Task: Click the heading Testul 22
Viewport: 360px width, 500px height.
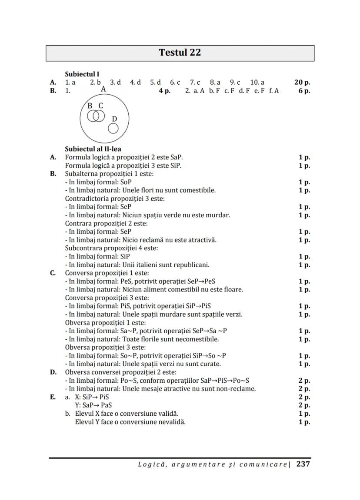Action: tap(180, 53)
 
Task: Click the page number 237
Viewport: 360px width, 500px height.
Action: tap(303, 464)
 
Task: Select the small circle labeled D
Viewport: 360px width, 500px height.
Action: tap(113, 128)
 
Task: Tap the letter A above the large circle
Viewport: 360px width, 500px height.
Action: tap(103, 89)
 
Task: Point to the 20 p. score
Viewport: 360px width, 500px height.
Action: tap(302, 82)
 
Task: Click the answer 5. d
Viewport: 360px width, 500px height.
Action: tap(156, 82)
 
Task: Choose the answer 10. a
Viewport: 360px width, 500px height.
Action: tap(257, 82)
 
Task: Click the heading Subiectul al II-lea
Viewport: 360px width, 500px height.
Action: tap(93, 149)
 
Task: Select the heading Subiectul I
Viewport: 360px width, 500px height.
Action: tap(82, 74)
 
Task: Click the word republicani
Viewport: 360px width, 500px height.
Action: tap(192, 265)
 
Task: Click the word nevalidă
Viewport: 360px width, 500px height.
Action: tap(171, 421)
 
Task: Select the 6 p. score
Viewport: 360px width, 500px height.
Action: tap(304, 91)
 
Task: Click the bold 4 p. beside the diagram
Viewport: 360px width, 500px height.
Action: tap(164, 91)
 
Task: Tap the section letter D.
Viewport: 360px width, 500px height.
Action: tap(53, 372)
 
